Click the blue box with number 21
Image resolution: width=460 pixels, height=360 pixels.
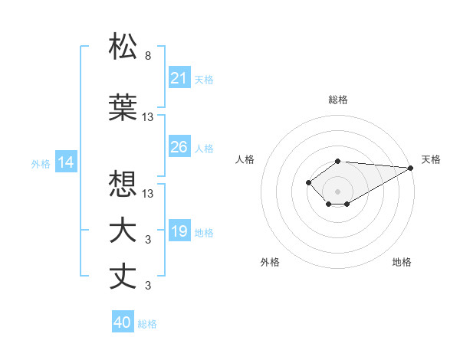pyautogui.click(x=179, y=78)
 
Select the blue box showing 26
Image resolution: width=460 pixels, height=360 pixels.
pyautogui.click(x=179, y=147)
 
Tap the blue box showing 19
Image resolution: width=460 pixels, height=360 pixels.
pyautogui.click(x=179, y=231)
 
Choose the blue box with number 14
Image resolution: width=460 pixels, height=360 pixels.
pyautogui.click(x=65, y=162)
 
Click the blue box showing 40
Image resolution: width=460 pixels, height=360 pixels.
pyautogui.click(x=123, y=322)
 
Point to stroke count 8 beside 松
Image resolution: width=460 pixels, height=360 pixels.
pyautogui.click(x=147, y=56)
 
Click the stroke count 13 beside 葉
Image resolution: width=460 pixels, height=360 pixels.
pyautogui.click(x=148, y=117)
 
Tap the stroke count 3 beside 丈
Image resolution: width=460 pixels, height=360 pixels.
pyautogui.click(x=147, y=286)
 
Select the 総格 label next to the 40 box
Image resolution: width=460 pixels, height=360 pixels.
pyautogui.click(x=147, y=324)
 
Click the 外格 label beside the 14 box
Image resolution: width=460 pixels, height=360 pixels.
pyautogui.click(x=41, y=163)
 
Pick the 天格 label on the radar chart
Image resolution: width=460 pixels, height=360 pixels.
pyautogui.click(x=431, y=159)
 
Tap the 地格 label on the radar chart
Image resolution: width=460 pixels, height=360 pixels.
pyautogui.click(x=402, y=262)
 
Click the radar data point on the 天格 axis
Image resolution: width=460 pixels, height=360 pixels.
pyautogui.click(x=410, y=168)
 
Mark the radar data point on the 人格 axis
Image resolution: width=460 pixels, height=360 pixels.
pyautogui.click(x=308, y=182)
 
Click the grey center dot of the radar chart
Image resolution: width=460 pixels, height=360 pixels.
pyautogui.click(x=337, y=191)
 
